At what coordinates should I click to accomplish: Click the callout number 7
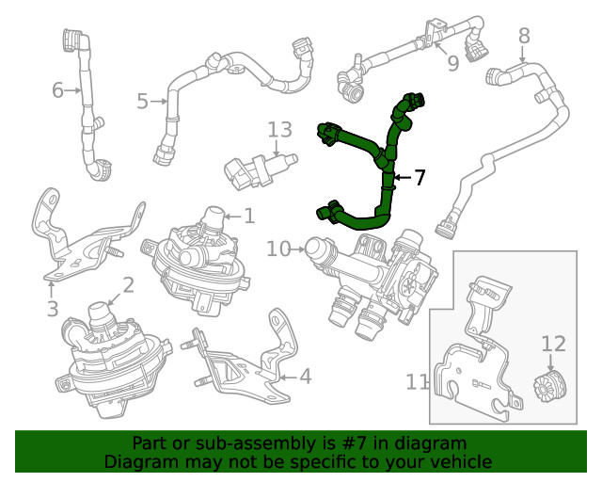(x=420, y=177)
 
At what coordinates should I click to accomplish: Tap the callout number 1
(x=248, y=216)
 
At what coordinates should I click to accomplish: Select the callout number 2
(x=128, y=284)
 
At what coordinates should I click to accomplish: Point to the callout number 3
(x=52, y=308)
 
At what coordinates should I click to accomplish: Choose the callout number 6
(x=57, y=90)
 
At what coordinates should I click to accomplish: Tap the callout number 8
(x=524, y=36)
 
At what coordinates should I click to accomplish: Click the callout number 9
(x=452, y=63)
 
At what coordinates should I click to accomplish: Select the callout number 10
(x=278, y=249)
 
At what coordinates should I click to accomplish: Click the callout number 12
(x=553, y=344)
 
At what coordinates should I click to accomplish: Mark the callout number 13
(x=279, y=130)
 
